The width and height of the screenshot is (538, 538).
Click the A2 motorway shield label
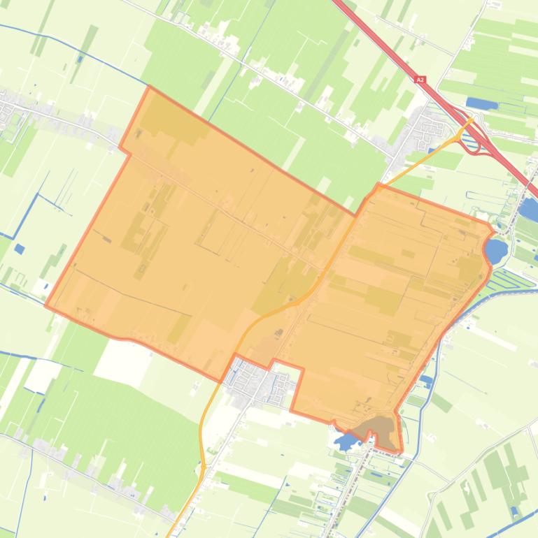tap(420, 80)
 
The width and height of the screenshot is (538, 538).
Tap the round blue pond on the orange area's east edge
tap(495, 250)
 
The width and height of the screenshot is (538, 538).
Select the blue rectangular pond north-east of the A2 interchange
tap(482, 103)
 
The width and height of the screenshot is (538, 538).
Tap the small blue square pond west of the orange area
tap(19, 248)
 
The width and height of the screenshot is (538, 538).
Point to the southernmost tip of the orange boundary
tap(401, 451)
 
